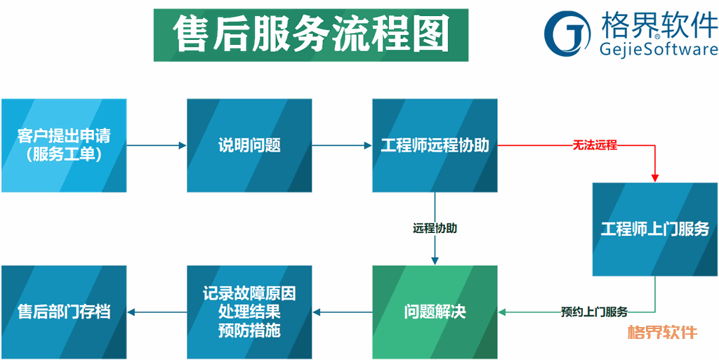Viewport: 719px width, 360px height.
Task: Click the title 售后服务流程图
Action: (311, 35)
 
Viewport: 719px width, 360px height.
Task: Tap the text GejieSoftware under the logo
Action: (659, 49)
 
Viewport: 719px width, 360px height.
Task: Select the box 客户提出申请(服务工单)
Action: (64, 145)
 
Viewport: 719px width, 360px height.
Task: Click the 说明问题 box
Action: (249, 145)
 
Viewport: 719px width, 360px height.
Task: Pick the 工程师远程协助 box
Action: (435, 145)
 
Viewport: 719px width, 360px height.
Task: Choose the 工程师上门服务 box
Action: (655, 229)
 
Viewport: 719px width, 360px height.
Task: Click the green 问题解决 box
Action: (435, 312)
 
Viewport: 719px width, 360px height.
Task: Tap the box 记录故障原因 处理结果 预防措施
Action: (249, 312)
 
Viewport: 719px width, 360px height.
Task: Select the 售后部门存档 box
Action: (64, 312)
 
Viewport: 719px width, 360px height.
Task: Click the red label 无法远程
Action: (595, 146)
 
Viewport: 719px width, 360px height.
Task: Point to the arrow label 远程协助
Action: (435, 228)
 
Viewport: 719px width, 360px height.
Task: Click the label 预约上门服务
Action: (594, 312)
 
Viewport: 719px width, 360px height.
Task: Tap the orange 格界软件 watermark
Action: (662, 331)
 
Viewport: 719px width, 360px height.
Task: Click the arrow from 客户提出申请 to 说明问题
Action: (157, 146)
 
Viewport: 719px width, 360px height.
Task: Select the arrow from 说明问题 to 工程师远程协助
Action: (342, 146)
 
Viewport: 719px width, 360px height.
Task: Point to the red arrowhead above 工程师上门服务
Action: (655, 178)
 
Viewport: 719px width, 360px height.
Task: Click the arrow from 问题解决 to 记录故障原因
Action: (342, 312)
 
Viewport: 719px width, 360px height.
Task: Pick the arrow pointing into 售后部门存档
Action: (157, 312)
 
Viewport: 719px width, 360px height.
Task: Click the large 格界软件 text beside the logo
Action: (659, 25)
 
